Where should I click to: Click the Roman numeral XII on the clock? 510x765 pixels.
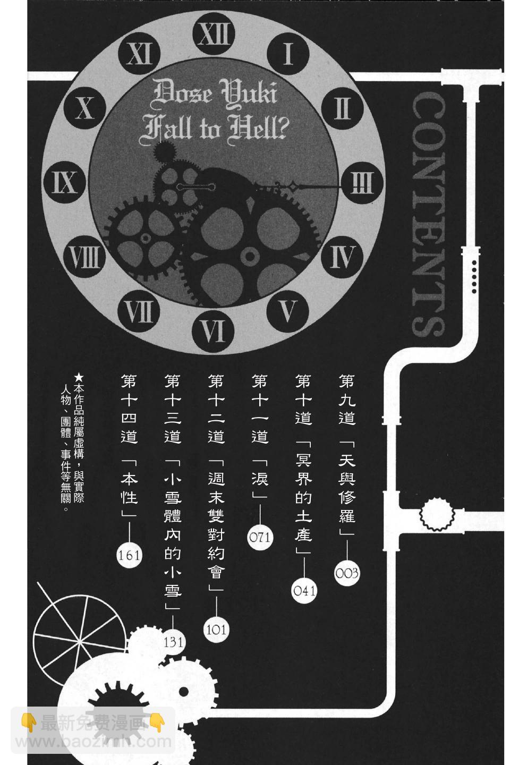(214, 34)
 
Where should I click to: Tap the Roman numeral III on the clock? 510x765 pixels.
(362, 183)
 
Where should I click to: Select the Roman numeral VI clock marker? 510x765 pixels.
(213, 331)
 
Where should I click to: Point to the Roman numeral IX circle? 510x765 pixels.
(65, 182)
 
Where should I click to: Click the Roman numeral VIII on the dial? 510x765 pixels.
(84, 257)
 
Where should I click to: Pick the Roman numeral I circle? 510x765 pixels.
(287, 54)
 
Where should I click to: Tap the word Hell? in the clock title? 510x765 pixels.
(259, 128)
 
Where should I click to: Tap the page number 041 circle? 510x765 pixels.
(304, 591)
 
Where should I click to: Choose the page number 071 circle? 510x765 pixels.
(260, 537)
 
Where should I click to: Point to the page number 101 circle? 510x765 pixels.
(216, 630)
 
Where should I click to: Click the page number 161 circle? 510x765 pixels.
(129, 555)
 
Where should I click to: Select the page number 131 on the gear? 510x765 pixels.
(173, 642)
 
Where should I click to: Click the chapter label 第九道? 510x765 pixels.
(347, 399)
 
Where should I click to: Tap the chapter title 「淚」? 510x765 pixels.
(260, 477)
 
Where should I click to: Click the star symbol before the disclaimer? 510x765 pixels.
(79, 378)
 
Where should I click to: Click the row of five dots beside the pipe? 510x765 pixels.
(474, 276)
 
